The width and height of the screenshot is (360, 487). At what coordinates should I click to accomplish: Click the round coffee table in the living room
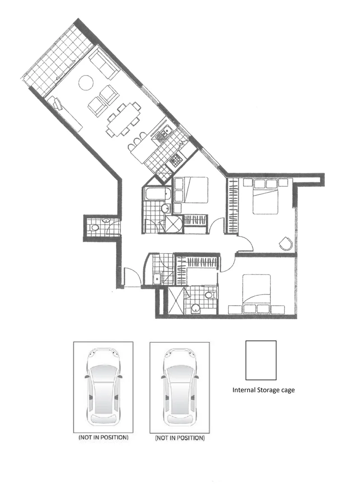coord(86,83)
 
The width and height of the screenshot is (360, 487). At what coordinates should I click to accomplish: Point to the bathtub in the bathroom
coord(157,194)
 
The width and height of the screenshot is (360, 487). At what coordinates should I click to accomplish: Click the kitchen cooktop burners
coord(175,159)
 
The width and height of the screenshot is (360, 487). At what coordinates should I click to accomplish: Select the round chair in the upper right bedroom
coord(286,243)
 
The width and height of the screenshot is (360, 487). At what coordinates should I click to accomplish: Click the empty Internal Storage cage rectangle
coord(261,360)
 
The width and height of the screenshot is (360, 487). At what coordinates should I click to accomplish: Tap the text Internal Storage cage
coord(263,390)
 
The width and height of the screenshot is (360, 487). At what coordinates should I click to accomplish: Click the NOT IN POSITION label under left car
coord(103,437)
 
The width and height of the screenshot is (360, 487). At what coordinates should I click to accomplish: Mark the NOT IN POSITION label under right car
coord(180,438)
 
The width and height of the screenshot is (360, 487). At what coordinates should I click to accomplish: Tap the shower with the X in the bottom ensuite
coord(175,300)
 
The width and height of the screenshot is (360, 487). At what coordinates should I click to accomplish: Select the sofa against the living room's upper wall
coord(104,64)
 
